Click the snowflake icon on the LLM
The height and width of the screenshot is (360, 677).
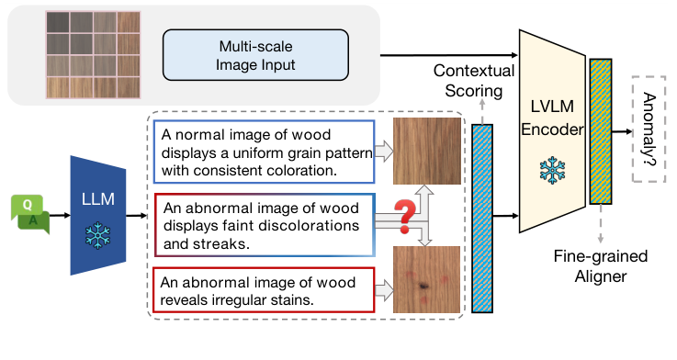coord(96,236)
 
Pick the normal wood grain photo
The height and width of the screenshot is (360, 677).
coord(423,152)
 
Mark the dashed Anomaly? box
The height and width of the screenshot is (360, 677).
coord(649,128)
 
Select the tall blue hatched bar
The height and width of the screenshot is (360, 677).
coord(482,218)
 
